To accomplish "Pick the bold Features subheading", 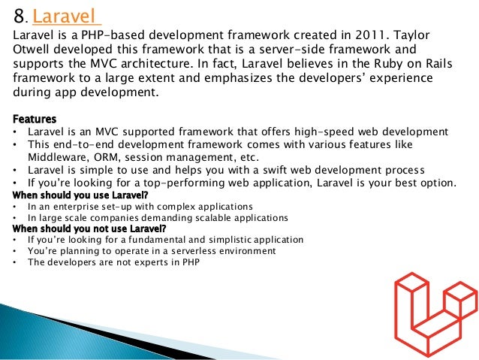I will (35, 119).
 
